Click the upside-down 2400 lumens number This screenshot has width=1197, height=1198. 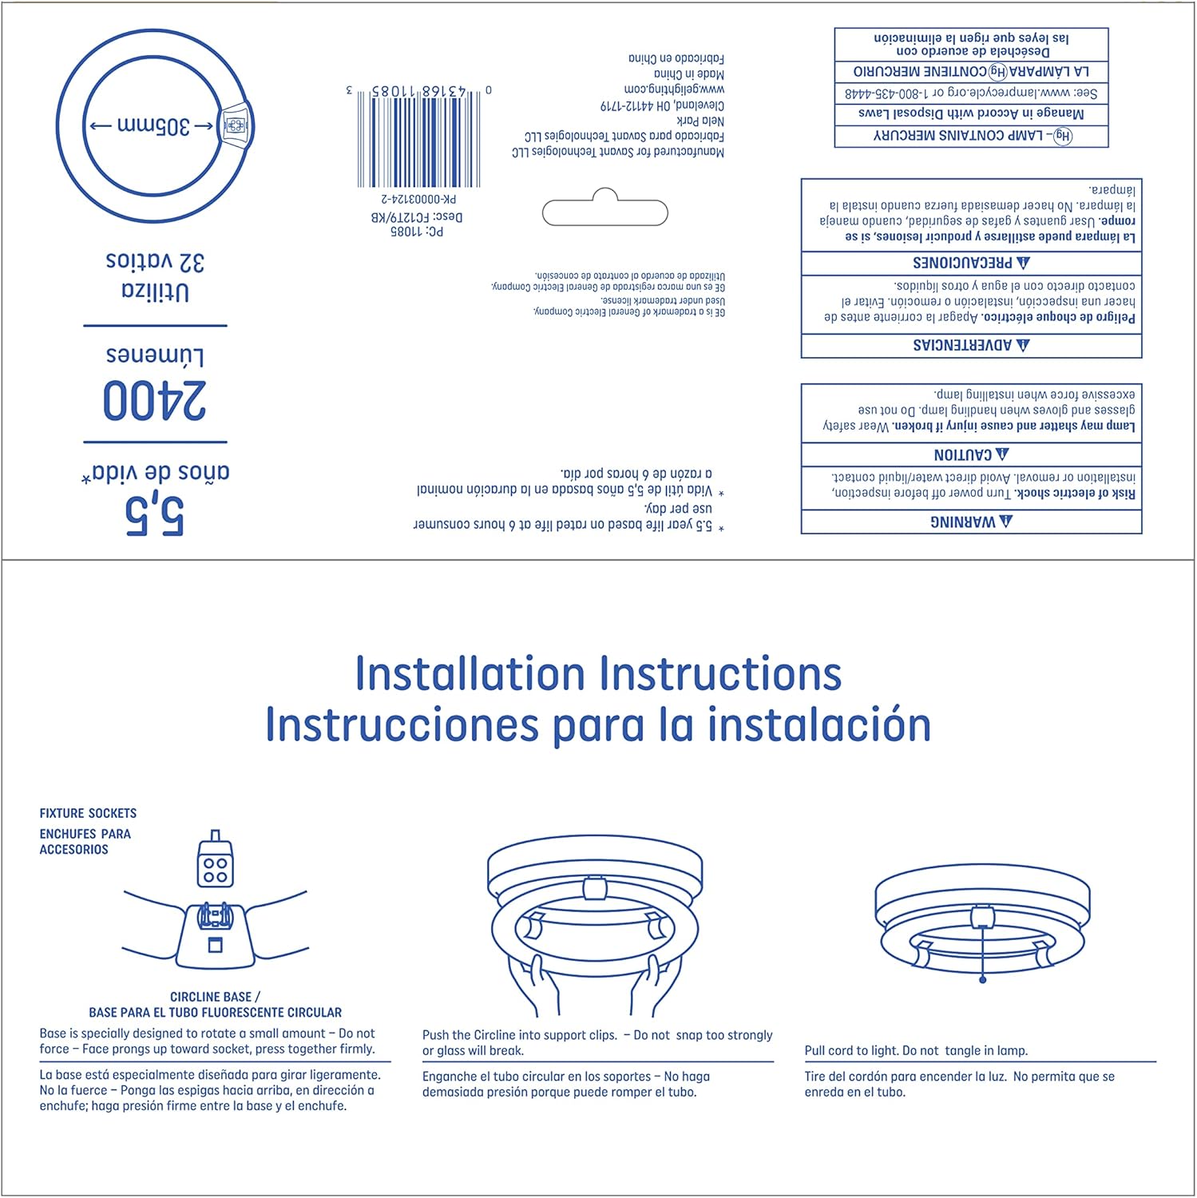[155, 401]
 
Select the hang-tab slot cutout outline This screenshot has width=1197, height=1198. [604, 211]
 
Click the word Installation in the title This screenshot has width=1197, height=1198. [470, 673]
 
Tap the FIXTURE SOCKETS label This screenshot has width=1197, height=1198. [88, 813]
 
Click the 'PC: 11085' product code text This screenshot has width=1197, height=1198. [417, 232]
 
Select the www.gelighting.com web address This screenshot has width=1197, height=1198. [674, 89]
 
